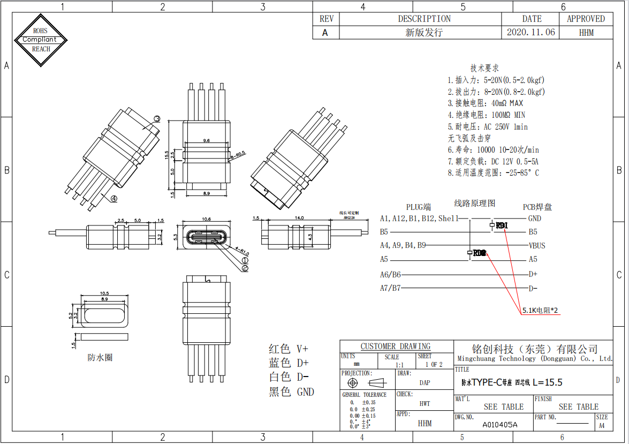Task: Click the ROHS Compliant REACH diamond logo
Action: [41, 40]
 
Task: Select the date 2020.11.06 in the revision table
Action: [531, 32]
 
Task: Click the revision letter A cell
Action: [325, 32]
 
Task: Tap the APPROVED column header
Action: [586, 19]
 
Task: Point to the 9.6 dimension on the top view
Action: [207, 140]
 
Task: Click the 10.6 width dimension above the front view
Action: [206, 219]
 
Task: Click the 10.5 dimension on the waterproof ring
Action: [104, 294]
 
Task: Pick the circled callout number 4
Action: [114, 198]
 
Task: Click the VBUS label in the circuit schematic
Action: [537, 246]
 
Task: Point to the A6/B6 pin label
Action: [390, 274]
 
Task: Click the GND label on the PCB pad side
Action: [534, 219]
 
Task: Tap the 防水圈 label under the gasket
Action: [100, 357]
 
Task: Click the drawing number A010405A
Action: [500, 425]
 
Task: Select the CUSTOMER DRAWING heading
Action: [395, 347]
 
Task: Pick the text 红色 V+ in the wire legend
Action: [289, 348]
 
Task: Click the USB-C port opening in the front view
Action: [206, 237]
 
